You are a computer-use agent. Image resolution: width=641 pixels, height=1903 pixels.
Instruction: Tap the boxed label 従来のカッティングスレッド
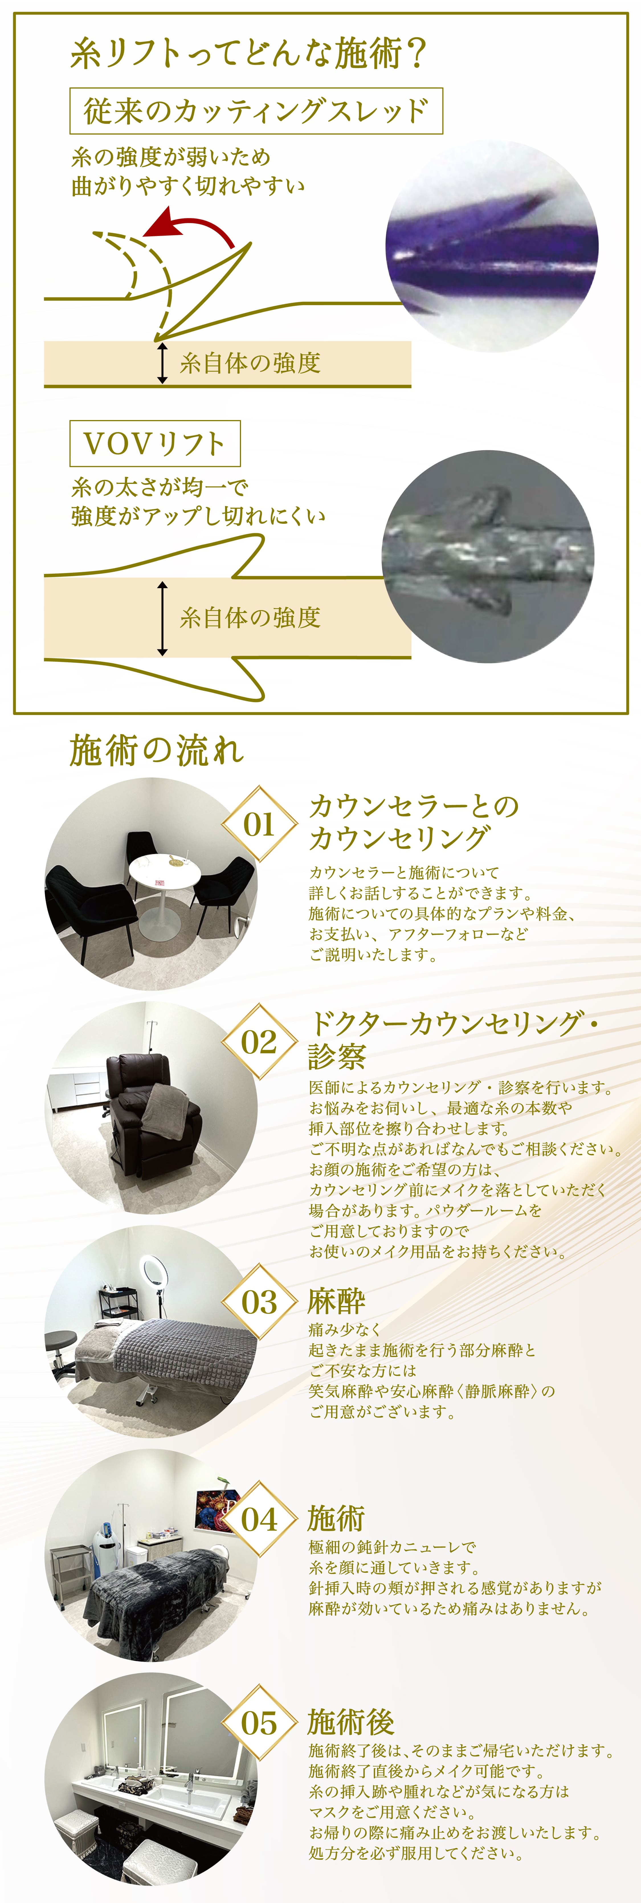click(x=256, y=111)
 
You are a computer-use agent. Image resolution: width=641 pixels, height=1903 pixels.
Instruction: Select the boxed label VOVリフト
click(x=155, y=443)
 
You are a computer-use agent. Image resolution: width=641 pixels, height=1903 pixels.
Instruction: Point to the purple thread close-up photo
click(x=492, y=246)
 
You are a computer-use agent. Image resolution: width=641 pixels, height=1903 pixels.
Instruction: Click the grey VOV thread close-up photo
click(x=488, y=556)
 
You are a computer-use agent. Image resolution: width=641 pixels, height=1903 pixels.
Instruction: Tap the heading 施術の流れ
click(x=157, y=751)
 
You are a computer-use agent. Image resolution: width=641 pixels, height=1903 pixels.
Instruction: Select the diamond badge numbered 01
click(x=259, y=824)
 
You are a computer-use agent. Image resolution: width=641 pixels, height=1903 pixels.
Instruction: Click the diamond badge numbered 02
click(x=259, y=1042)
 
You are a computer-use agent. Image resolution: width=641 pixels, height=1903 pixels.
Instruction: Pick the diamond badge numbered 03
click(x=259, y=1302)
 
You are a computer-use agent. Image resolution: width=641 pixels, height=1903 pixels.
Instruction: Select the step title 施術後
click(x=351, y=1722)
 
